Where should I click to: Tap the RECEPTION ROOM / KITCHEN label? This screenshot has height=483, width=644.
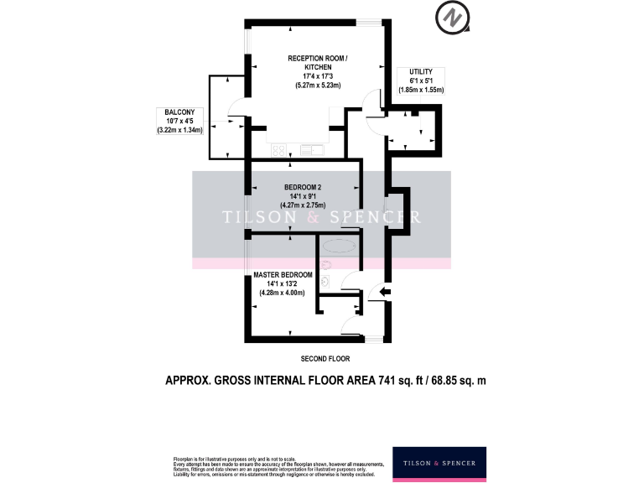[316, 62]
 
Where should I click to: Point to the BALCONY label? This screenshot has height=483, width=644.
[179, 112]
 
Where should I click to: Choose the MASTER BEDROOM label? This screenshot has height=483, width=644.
[283, 274]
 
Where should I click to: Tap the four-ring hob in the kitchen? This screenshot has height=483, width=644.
[278, 150]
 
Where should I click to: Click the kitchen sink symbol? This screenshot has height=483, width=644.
[310, 150]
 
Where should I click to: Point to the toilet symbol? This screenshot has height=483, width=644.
[325, 283]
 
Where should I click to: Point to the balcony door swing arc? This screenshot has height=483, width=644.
[236, 109]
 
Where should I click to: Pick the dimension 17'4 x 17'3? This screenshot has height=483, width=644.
[316, 76]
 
